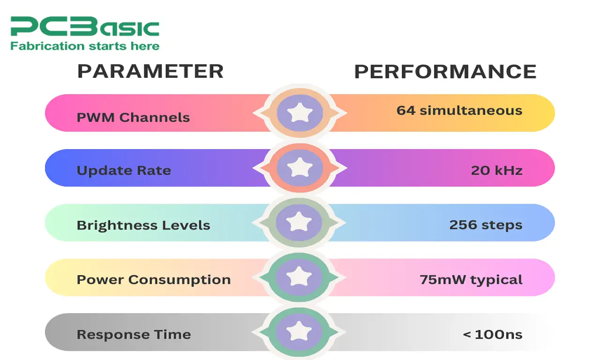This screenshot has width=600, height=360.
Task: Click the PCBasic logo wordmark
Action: (x=85, y=26)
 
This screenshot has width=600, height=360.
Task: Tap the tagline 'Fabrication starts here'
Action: (x=85, y=46)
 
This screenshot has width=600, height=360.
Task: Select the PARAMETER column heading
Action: (x=150, y=71)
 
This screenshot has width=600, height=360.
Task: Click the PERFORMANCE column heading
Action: (x=445, y=72)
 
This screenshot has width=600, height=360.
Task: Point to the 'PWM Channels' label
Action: (x=133, y=117)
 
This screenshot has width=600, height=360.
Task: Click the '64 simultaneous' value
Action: (x=459, y=110)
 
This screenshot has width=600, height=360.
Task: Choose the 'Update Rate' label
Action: (x=124, y=171)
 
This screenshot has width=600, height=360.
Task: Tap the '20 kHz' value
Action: (x=496, y=170)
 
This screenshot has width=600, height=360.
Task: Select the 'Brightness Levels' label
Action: (x=143, y=225)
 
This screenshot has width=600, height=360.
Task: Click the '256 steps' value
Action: (x=486, y=225)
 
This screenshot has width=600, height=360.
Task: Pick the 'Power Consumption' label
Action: (x=154, y=280)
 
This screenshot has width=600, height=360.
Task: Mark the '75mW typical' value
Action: (x=471, y=280)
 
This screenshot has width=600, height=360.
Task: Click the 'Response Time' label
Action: (x=134, y=335)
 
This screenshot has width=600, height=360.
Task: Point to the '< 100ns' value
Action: (x=493, y=335)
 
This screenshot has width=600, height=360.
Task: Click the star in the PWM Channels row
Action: (x=300, y=112)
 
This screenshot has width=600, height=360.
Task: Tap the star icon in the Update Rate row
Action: (x=300, y=167)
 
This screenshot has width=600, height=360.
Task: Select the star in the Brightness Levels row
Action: (x=299, y=222)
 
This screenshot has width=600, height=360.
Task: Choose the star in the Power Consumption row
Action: (x=299, y=277)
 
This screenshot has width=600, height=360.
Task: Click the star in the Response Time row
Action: (x=299, y=331)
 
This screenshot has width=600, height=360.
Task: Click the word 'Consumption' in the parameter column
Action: (x=180, y=280)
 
